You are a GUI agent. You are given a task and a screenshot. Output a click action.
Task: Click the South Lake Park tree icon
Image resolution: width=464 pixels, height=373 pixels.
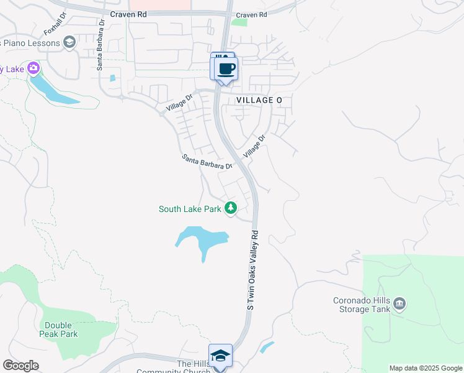pyautogui.click(x=231, y=208)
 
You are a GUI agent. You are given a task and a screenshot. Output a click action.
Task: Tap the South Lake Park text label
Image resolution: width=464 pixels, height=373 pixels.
pyautogui.click(x=190, y=210)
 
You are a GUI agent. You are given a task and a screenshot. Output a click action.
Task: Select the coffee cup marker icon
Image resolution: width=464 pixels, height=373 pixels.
pyautogui.click(x=226, y=68)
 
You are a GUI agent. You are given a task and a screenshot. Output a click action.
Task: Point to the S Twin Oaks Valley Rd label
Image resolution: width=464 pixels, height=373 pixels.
pyautogui.click(x=252, y=270)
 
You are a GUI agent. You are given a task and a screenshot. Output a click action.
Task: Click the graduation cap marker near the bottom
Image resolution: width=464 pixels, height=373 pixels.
pyautogui.click(x=220, y=356)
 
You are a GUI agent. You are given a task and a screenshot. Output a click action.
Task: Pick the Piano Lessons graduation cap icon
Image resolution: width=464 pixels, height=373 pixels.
pyautogui.click(x=69, y=42)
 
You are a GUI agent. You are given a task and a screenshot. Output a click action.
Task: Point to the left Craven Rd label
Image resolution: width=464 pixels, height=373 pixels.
pyautogui.click(x=129, y=14)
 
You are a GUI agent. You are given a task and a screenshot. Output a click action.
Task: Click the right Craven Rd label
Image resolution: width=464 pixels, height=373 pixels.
pyautogui.click(x=251, y=14)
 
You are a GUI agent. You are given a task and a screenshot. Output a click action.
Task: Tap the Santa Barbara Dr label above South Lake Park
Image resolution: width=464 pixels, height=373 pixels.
pyautogui.click(x=207, y=162)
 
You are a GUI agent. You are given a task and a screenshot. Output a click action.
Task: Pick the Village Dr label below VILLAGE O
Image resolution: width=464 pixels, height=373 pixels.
pyautogui.click(x=254, y=145)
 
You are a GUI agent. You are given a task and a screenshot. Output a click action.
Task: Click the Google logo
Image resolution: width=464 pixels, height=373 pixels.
pyautogui.click(x=20, y=366)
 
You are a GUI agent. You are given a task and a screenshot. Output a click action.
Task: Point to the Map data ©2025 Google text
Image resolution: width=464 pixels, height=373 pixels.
pyautogui.click(x=426, y=368)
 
